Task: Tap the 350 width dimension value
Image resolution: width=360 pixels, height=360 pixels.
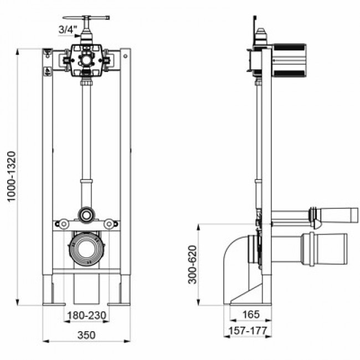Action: [87, 335]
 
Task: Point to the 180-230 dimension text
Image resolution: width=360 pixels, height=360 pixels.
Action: [87, 316]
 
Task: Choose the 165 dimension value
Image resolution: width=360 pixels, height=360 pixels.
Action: [251, 315]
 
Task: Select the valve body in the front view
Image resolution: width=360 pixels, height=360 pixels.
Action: [85, 58]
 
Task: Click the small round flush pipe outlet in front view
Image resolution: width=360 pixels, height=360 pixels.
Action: [86, 213]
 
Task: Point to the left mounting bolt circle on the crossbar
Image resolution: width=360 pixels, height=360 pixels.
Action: [63, 224]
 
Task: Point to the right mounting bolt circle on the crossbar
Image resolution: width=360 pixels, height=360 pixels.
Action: [109, 224]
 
